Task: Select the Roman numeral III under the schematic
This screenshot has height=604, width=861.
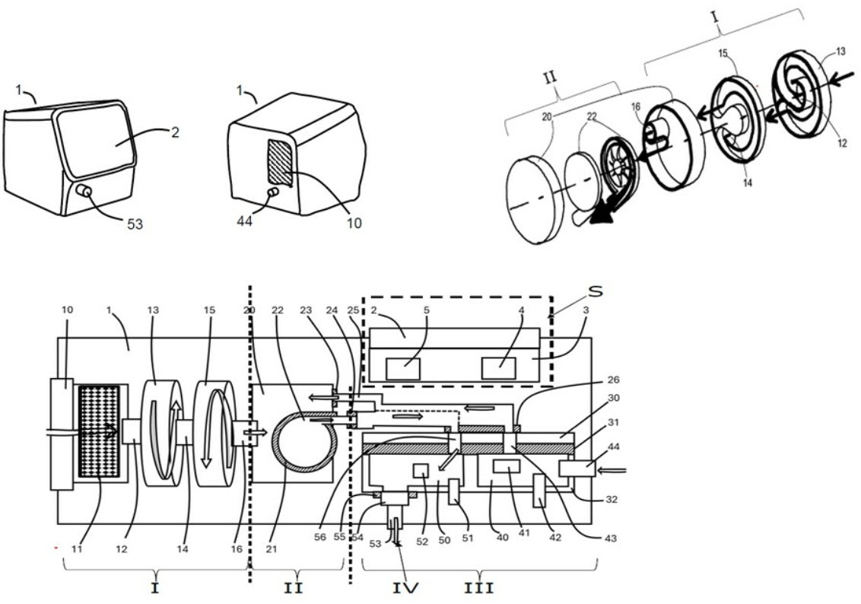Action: pos(480,587)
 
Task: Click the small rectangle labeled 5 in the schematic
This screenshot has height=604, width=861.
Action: pos(403,369)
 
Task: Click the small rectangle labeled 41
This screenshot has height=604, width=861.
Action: pos(506,466)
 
